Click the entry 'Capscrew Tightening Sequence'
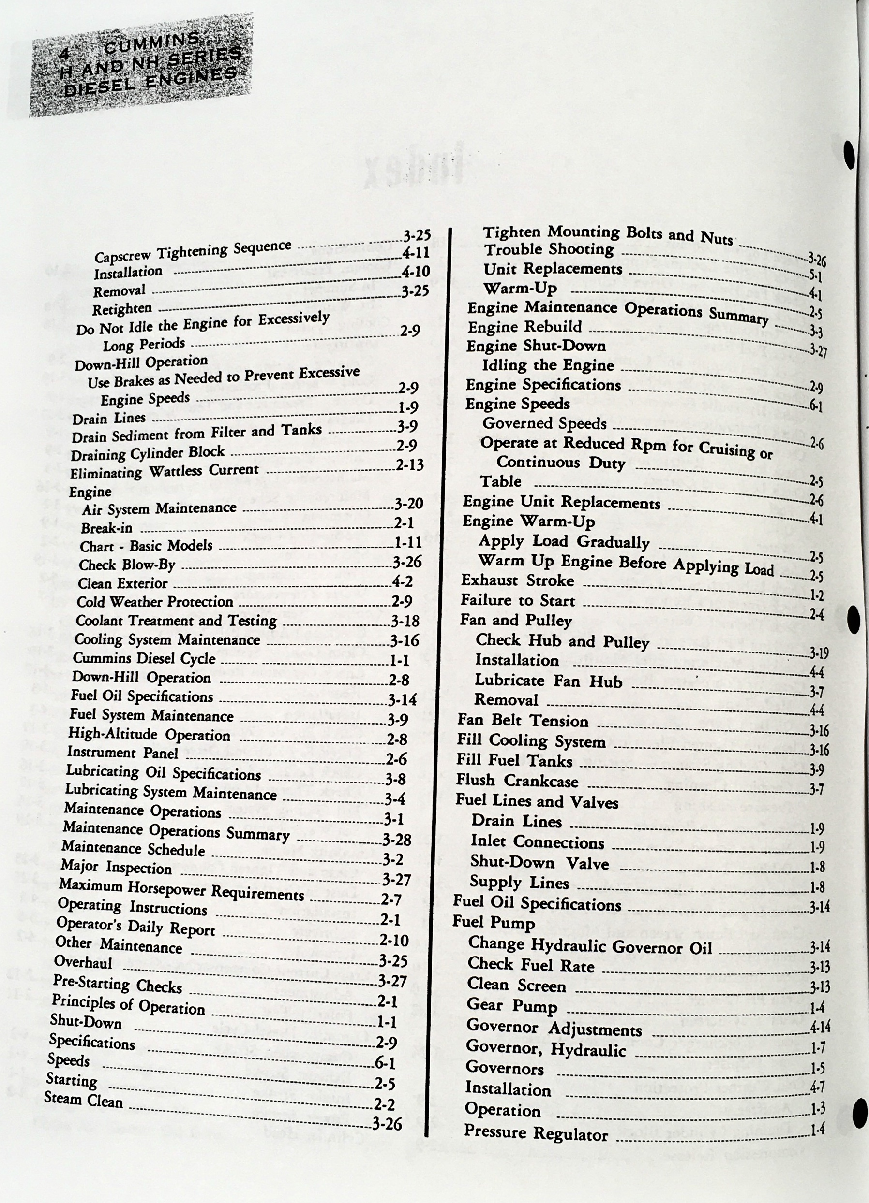click(193, 251)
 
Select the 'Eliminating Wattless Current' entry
click(164, 471)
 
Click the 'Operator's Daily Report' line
click(135, 927)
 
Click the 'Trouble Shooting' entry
click(549, 249)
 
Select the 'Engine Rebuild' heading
click(524, 327)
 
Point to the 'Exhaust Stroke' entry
click(517, 580)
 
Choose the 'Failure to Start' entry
click(518, 600)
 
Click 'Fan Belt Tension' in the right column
click(523, 721)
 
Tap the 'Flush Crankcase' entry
click(517, 781)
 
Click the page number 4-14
click(820, 1028)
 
